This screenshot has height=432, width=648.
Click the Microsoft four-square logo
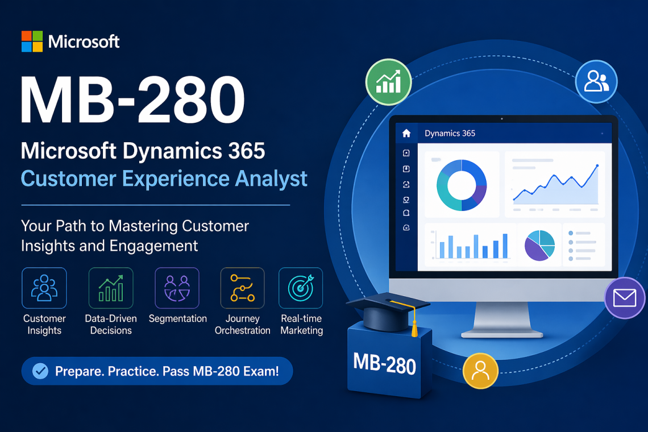[x=32, y=41]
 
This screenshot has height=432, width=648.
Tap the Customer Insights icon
[x=44, y=288]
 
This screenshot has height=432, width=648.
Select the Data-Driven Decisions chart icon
[x=111, y=288]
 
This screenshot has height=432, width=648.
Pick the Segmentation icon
[x=177, y=288]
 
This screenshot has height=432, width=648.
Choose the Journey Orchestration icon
[x=242, y=288]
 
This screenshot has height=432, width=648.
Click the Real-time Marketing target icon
[x=301, y=288]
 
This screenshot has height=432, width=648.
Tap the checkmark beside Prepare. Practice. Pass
[x=40, y=372]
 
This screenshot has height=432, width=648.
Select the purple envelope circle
[x=625, y=298]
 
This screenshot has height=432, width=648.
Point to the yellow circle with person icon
[x=480, y=371]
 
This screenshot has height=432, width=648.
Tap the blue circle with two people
[x=596, y=81]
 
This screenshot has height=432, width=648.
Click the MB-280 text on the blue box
[x=384, y=363]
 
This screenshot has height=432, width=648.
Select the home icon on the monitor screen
[x=406, y=134]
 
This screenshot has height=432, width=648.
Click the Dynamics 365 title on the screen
[x=450, y=134]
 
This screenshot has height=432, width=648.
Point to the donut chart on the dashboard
[x=461, y=185]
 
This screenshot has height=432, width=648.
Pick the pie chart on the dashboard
[x=539, y=245]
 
